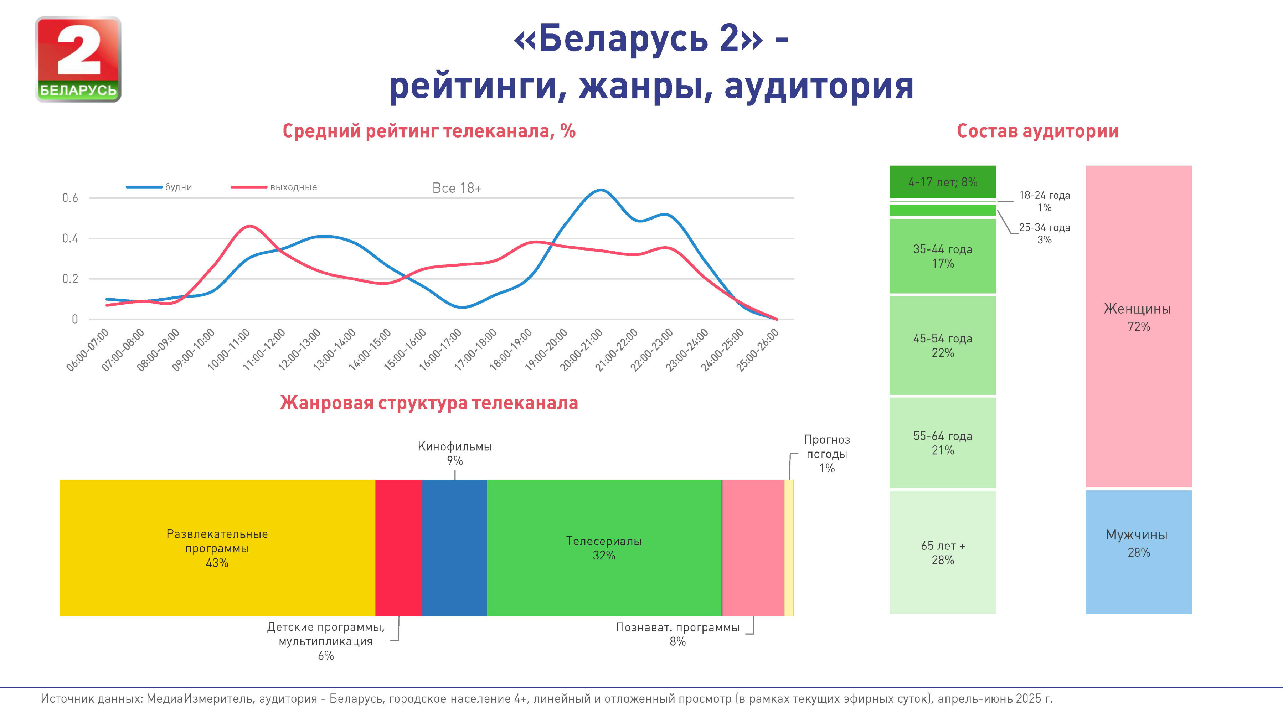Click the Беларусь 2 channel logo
78,59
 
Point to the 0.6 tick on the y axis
70,198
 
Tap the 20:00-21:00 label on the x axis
582,350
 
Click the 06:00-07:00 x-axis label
88,350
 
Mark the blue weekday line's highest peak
601,190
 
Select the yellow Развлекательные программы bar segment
217,548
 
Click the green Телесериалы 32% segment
604,548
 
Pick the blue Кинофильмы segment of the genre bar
454,548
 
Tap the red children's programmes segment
398,548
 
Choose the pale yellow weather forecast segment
789,548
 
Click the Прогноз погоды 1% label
827,454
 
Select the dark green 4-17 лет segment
942,182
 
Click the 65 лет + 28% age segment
942,553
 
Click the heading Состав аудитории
1038,131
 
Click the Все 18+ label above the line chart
457,188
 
